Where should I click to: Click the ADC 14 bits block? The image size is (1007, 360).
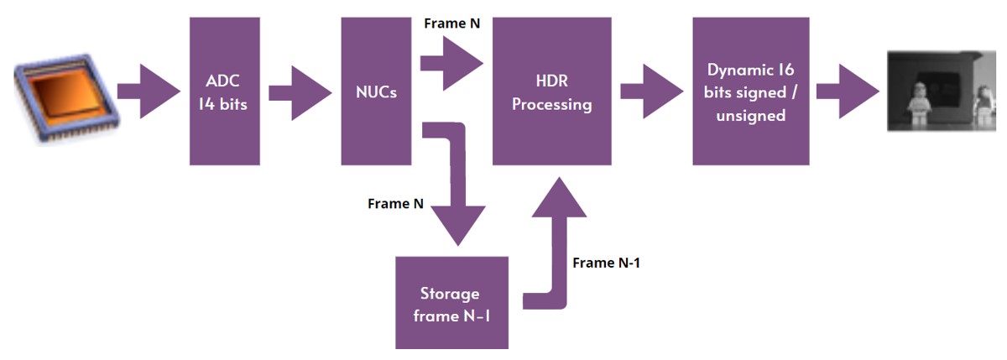click(224, 91)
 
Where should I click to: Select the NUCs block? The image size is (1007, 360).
click(376, 91)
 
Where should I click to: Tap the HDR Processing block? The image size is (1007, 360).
click(551, 91)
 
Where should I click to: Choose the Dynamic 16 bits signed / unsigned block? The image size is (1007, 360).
click(751, 91)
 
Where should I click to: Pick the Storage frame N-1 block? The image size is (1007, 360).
click(451, 302)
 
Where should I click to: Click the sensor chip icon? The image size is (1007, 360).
click(66, 98)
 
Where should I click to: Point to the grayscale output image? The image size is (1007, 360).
click(942, 91)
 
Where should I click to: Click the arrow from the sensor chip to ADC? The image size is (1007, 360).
click(149, 91)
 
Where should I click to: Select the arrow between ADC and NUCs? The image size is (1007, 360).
click(300, 93)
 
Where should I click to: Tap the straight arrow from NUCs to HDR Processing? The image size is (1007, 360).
click(451, 64)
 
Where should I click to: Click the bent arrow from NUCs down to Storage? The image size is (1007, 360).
click(457, 180)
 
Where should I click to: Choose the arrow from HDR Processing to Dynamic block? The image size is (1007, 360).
click(652, 91)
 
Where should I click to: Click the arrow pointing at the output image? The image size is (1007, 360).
click(848, 91)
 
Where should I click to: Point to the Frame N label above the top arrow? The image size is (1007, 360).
click(451, 23)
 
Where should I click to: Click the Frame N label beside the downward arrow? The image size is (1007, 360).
click(395, 204)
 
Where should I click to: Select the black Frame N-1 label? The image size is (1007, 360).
click(606, 263)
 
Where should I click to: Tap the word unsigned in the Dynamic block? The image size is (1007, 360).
click(751, 116)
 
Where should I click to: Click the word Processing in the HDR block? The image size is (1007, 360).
click(551, 105)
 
